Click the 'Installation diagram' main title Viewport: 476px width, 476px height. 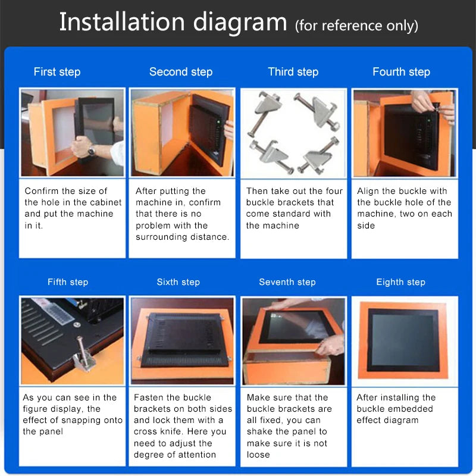pyautogui.click(x=173, y=23)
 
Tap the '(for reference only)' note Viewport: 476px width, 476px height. pyautogui.click(x=356, y=26)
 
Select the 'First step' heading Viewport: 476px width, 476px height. pyautogui.click(x=57, y=72)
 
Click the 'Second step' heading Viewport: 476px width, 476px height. pyautogui.click(x=181, y=72)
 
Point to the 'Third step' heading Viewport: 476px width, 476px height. pyautogui.click(x=293, y=72)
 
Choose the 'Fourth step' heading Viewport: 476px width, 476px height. pyautogui.click(x=401, y=72)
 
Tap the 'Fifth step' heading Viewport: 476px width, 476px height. pyautogui.click(x=68, y=282)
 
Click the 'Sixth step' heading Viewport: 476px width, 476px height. pyautogui.click(x=178, y=282)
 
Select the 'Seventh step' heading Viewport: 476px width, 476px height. pyautogui.click(x=287, y=282)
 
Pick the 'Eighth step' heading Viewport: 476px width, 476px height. pyautogui.click(x=400, y=282)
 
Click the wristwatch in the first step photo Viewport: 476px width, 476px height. pyautogui.click(x=92, y=150)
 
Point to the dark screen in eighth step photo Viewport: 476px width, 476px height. pyautogui.click(x=402, y=339)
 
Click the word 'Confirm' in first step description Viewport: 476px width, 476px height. pyautogui.click(x=42, y=191)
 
